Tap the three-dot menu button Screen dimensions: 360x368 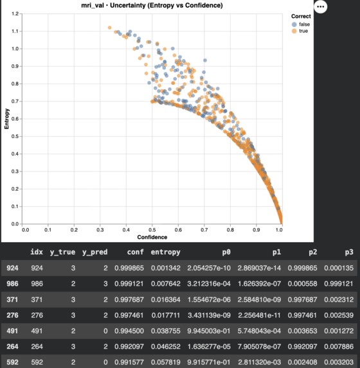321,6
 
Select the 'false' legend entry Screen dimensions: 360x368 301,24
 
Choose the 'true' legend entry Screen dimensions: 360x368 300,31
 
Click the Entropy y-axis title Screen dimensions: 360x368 6,119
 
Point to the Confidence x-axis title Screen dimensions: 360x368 152,237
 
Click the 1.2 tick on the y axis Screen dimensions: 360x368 15,14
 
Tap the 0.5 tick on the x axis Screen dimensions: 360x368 152,230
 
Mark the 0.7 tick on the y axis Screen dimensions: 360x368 15,101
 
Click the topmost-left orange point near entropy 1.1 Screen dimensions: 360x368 109,28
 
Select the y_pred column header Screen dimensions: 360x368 94,252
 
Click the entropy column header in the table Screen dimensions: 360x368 165,252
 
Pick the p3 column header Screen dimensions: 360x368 349,252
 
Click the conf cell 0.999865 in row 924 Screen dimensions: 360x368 129,268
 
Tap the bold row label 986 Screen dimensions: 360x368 12,284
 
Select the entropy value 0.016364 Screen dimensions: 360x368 166,299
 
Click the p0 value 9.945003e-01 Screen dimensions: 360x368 209,331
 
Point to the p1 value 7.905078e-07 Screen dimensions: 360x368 259,346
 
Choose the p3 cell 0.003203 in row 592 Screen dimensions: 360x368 339,362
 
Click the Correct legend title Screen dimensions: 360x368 301,16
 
